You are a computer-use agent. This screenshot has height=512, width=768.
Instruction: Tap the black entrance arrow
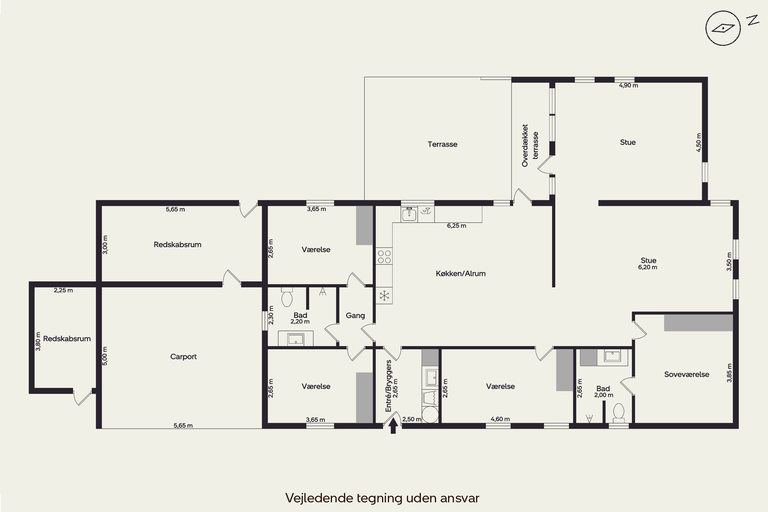pos(393,425)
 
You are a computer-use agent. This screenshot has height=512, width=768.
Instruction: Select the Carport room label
pos(184,357)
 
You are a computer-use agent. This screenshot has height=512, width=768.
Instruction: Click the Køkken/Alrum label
pos(461,274)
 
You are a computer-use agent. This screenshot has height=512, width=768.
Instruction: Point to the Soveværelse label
pos(687,374)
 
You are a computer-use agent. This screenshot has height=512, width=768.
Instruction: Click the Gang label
pos(355,315)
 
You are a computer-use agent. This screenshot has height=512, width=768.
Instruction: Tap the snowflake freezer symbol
pos(384,296)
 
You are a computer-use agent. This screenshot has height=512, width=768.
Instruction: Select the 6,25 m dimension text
pos(456,226)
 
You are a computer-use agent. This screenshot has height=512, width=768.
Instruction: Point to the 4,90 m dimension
pos(628,86)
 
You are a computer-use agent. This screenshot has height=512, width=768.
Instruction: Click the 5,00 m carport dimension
pos(105,356)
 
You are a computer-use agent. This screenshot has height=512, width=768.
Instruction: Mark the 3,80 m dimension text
pos(38,342)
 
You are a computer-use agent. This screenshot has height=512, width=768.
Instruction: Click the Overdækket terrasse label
pos(530,145)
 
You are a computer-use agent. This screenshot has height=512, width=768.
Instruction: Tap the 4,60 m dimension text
pos(500,419)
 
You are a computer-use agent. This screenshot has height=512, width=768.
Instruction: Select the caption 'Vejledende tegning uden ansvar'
pos(382,498)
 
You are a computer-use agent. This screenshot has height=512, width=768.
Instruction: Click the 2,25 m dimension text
pos(63,290)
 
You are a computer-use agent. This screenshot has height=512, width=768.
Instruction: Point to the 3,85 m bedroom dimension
pos(729,373)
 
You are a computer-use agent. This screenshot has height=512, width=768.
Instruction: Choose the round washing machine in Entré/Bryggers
pos(430,415)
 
